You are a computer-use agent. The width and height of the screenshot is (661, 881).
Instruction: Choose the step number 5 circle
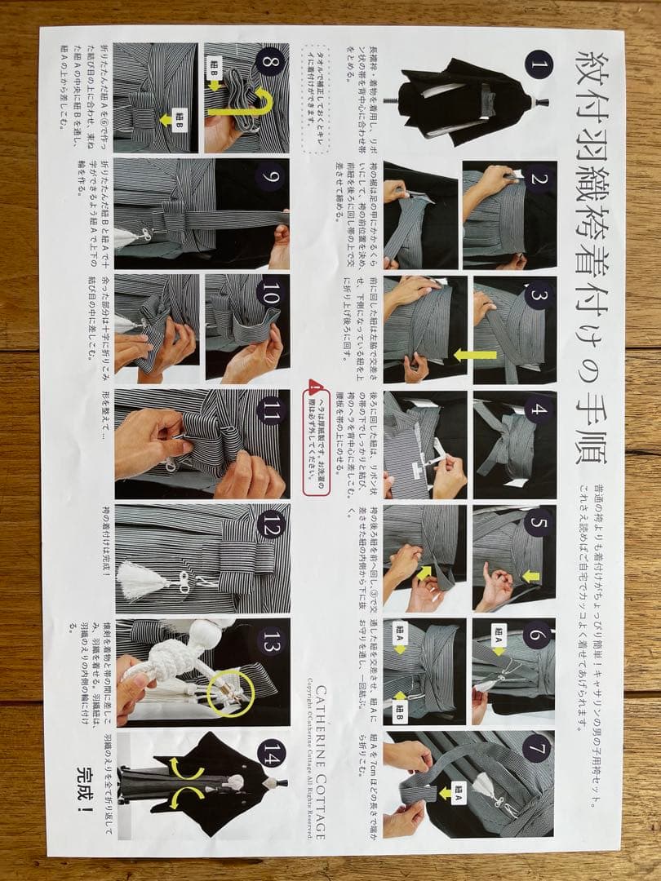(538, 523)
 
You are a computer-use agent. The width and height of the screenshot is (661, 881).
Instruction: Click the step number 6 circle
(537, 635)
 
